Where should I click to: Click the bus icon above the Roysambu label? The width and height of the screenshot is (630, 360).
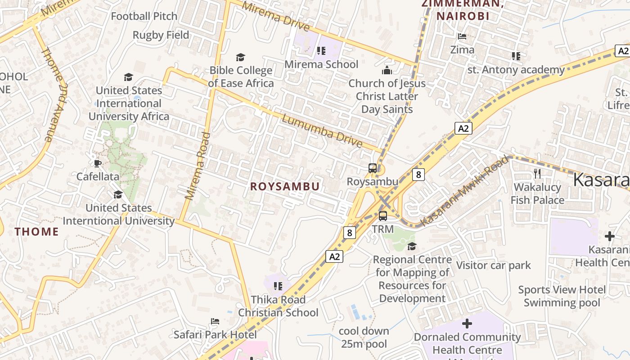(373, 168)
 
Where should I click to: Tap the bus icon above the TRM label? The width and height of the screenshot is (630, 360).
(383, 216)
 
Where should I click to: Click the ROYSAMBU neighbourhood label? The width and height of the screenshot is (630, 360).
(285, 186)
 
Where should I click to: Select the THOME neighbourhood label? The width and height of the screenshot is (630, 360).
(36, 232)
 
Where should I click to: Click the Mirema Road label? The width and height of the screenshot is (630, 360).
(198, 166)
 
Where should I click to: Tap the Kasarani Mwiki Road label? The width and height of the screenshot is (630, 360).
(465, 191)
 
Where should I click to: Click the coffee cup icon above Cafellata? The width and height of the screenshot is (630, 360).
(98, 163)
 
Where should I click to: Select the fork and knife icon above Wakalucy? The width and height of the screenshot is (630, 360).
(537, 173)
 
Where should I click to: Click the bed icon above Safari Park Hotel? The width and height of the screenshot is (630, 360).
(215, 321)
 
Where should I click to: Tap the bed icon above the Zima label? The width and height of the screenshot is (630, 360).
(462, 36)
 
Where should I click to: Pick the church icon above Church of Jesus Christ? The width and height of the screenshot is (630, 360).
(387, 70)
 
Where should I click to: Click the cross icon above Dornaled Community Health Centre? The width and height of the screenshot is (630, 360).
(467, 323)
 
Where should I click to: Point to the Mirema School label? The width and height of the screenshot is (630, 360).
(321, 64)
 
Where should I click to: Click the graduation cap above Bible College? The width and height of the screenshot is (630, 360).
(241, 57)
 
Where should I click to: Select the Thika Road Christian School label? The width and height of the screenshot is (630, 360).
(278, 306)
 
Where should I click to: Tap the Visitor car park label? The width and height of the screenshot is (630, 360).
(494, 265)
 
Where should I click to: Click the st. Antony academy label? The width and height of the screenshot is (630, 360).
(516, 70)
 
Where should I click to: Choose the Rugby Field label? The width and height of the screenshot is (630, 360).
(161, 35)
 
